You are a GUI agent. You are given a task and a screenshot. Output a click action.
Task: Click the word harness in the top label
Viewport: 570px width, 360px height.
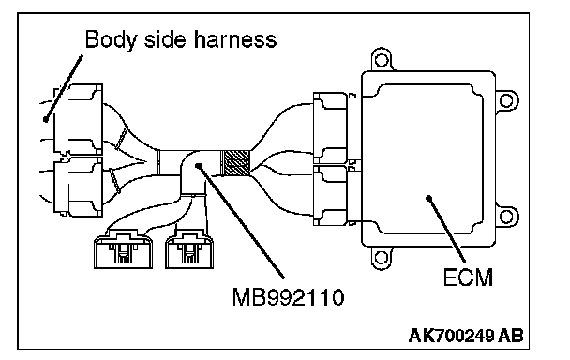tap(235, 39)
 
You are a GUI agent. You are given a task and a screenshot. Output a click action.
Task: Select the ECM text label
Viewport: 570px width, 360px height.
tap(468, 277)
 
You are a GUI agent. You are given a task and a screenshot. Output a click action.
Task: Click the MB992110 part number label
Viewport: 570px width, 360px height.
tap(288, 297)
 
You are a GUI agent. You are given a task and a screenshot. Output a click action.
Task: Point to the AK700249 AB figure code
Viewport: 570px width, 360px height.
tap(466, 336)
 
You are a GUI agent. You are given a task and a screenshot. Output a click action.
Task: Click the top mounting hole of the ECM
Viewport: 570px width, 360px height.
tap(382, 60)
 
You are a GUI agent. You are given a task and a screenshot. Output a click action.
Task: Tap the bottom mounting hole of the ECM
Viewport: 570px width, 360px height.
tap(381, 258)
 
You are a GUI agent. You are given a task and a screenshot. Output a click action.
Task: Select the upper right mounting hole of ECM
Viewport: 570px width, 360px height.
tap(506, 100)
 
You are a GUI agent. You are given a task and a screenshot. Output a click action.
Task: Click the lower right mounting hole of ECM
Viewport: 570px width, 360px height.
tap(506, 217)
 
